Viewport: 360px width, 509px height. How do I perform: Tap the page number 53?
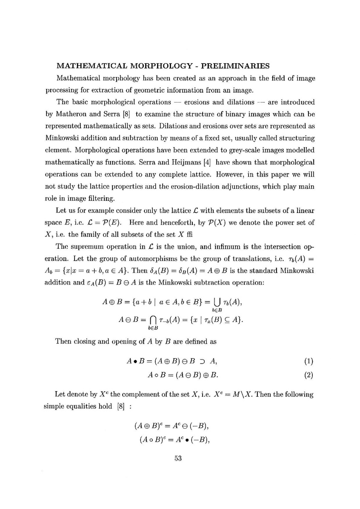click(x=178, y=458)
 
